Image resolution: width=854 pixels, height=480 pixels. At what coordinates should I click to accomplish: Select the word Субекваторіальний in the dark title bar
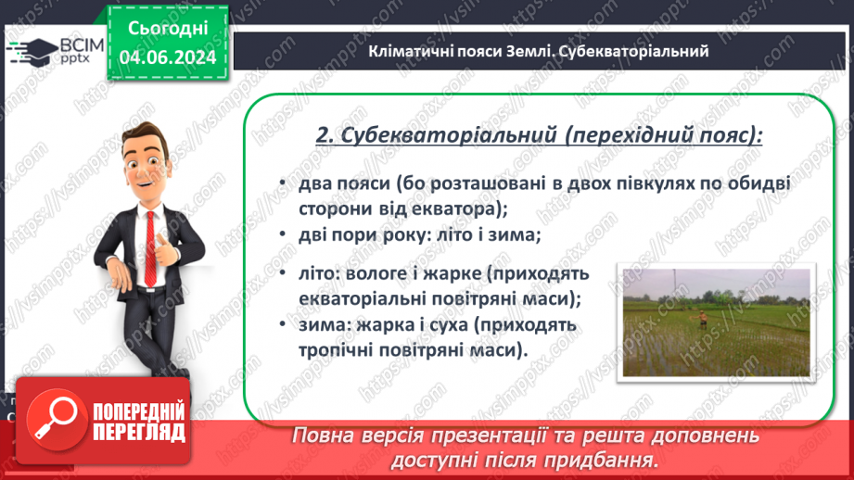pos(636,51)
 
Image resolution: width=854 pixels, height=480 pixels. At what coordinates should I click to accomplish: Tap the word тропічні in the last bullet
pos(336,349)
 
